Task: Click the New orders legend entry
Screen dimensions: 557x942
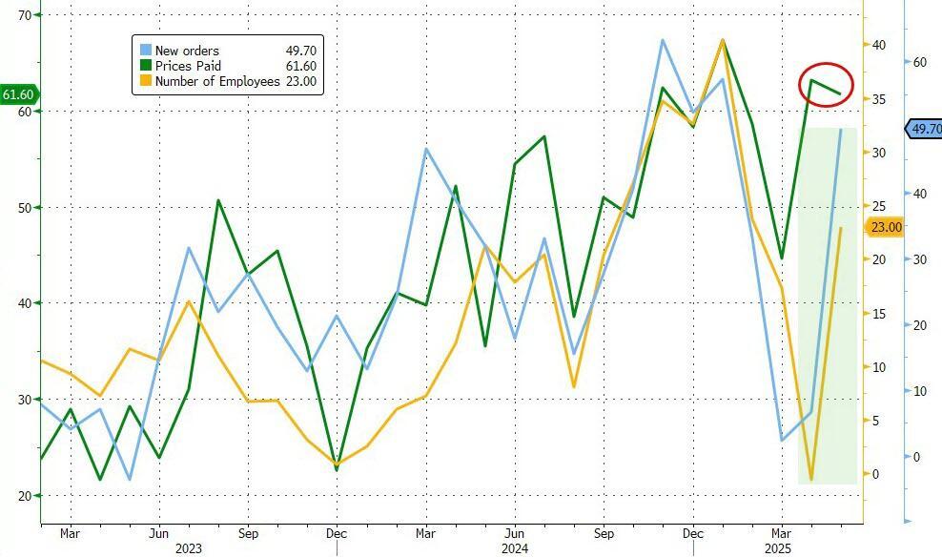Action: click(187, 51)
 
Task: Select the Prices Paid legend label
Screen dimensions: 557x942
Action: click(189, 66)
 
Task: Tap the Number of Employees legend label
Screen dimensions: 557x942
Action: click(217, 82)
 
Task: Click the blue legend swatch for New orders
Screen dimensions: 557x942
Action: click(145, 51)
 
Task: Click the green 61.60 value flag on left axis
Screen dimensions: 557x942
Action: click(19, 94)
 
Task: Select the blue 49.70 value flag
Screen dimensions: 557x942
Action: click(923, 129)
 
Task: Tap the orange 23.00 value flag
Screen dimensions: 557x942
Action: click(886, 227)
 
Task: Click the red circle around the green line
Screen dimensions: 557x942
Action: click(826, 84)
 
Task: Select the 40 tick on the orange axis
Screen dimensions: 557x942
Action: click(878, 46)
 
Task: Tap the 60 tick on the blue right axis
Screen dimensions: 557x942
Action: click(919, 62)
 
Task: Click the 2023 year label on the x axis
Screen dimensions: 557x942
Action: click(189, 548)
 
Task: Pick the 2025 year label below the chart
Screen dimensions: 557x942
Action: click(779, 548)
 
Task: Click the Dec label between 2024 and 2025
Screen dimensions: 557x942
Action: click(693, 533)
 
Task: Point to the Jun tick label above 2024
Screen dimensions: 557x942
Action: click(514, 533)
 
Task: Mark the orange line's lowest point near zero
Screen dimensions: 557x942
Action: click(811, 479)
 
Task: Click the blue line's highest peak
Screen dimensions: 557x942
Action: click(663, 40)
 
